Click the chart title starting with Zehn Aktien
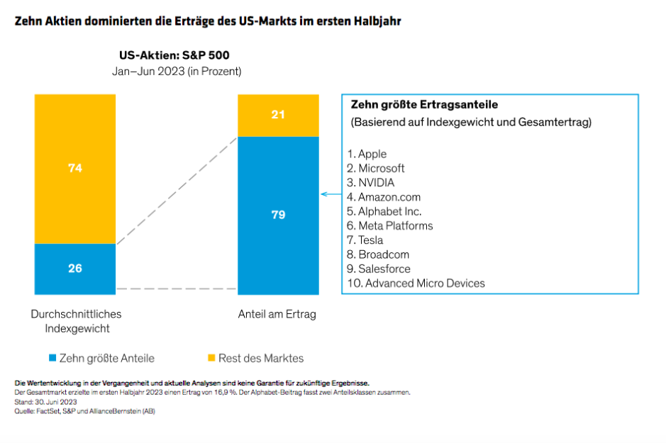(x=208, y=21)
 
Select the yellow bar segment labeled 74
(x=75, y=169)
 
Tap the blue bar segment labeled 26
(x=75, y=269)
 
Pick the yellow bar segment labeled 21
(x=278, y=114)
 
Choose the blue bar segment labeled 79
(x=278, y=215)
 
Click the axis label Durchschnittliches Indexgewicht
(x=76, y=320)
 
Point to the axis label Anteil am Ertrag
(x=279, y=314)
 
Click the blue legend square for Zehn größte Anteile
(x=52, y=359)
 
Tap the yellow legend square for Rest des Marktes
(x=211, y=359)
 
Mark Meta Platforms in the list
(x=395, y=225)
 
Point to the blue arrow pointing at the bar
(x=330, y=194)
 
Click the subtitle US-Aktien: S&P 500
(x=174, y=55)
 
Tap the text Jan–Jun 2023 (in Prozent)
(x=177, y=71)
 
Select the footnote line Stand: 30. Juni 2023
(x=40, y=401)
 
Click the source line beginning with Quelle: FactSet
(x=84, y=410)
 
